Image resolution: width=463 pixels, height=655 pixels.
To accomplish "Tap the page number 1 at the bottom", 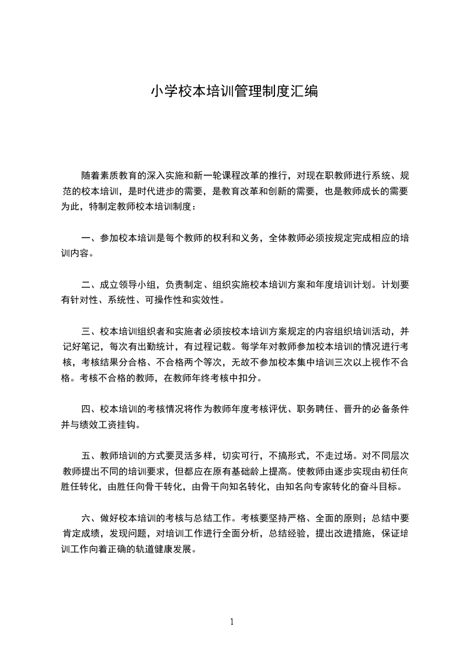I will pyautogui.click(x=232, y=622).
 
